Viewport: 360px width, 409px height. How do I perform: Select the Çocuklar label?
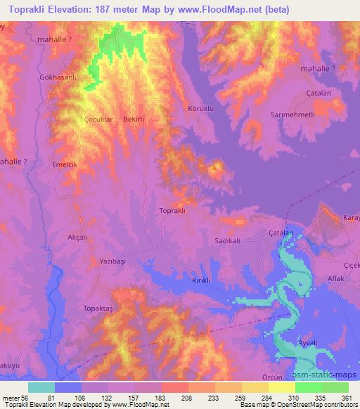(98, 119)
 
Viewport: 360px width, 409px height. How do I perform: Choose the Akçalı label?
(76, 238)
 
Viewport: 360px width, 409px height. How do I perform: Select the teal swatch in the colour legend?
(41, 387)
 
